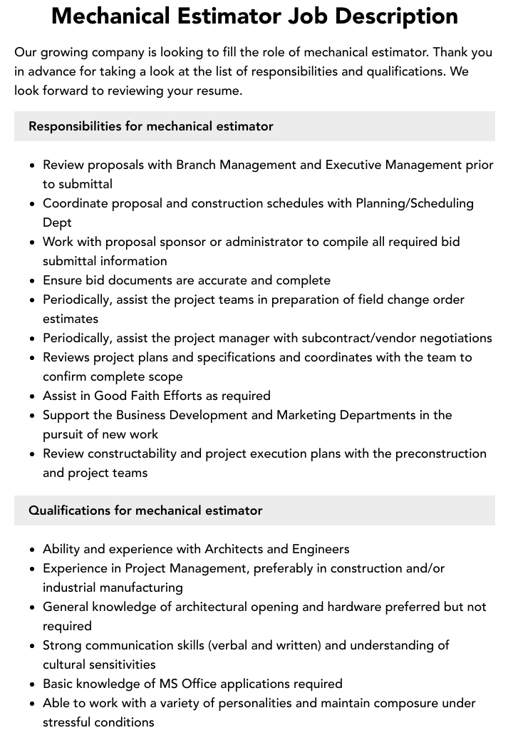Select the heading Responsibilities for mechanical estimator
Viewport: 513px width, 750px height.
(151, 126)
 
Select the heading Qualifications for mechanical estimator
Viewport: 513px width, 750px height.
(145, 510)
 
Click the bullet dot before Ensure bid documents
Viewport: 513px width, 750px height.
(32, 281)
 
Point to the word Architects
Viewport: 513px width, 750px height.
(236, 549)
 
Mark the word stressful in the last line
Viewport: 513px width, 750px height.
(72, 722)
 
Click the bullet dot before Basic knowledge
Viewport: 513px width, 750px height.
(32, 684)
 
